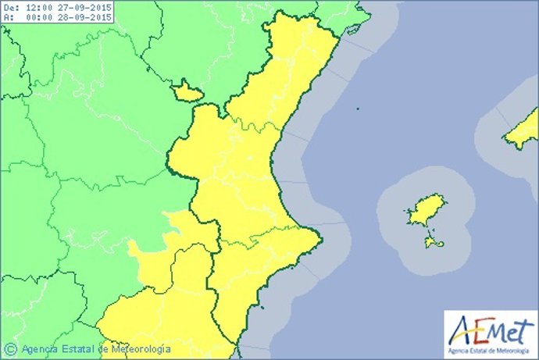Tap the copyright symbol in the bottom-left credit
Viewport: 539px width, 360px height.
click(11, 348)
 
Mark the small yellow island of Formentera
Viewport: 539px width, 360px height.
click(434, 244)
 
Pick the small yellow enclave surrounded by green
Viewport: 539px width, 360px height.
click(187, 92)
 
